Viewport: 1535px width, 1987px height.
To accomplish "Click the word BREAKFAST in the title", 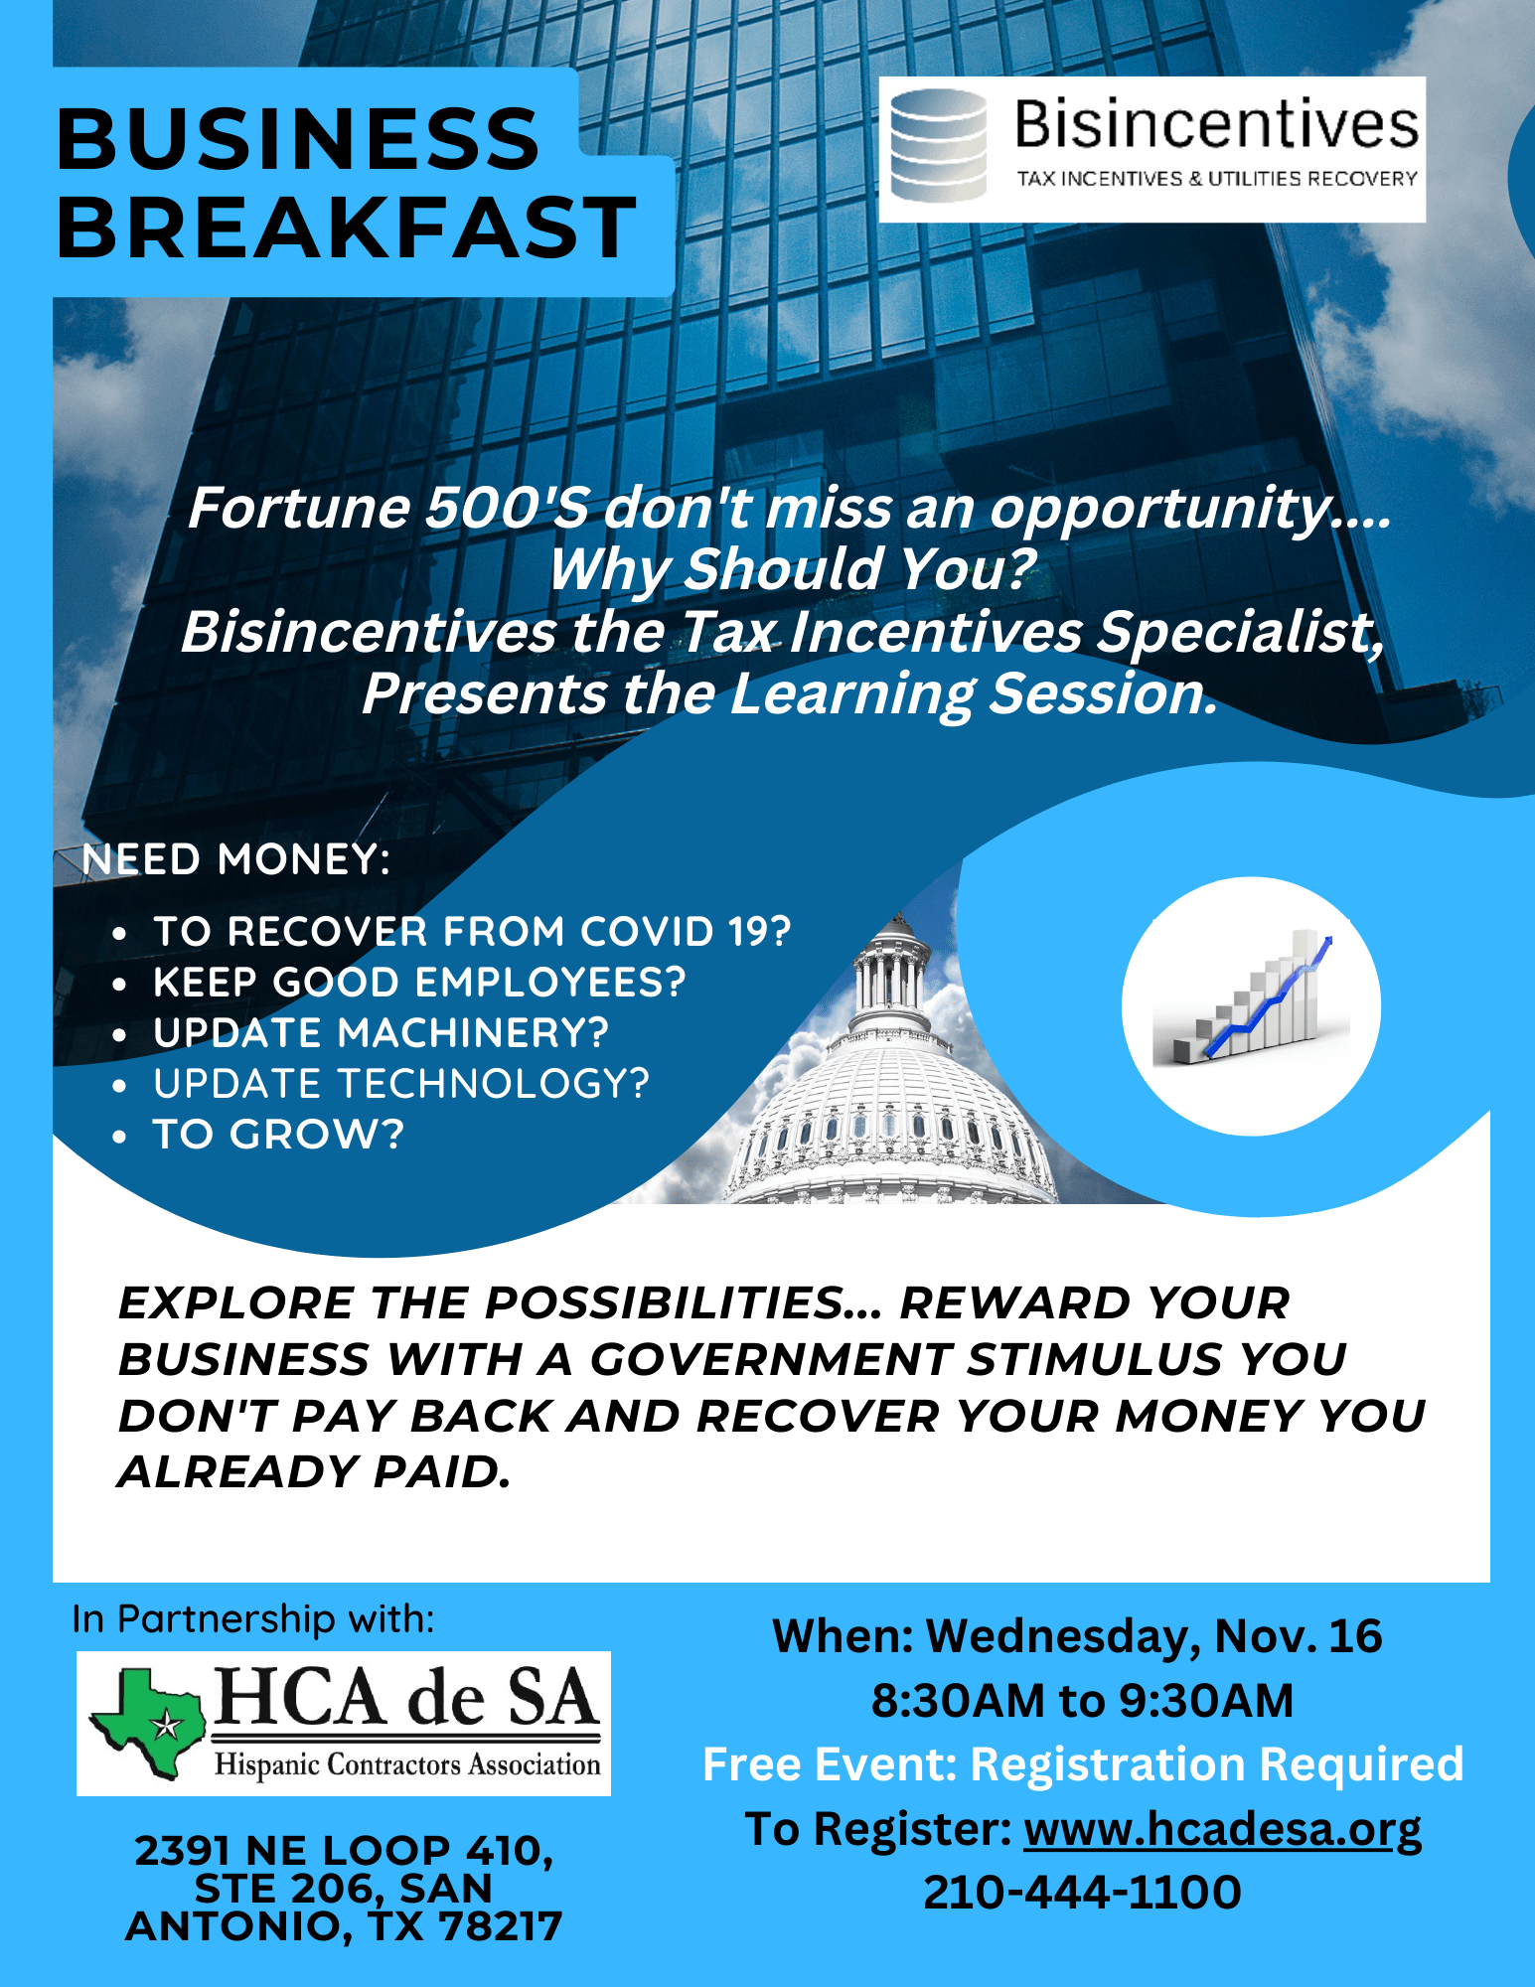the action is (x=346, y=228).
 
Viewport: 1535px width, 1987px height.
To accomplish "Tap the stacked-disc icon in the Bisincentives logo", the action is (x=938, y=145).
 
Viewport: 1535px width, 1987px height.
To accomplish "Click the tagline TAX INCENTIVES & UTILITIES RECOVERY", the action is (x=1216, y=179).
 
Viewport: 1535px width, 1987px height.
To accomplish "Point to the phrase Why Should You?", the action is (x=792, y=569).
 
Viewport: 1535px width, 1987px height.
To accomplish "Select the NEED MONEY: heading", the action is (x=236, y=859).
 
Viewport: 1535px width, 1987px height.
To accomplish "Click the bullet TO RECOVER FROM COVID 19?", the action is (x=472, y=932).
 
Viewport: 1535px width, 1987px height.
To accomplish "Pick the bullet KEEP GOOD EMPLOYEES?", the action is (x=419, y=983).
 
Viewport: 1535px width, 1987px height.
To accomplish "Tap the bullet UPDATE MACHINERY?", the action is (x=381, y=1033).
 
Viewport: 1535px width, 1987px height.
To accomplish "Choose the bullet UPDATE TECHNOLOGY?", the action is (x=401, y=1084).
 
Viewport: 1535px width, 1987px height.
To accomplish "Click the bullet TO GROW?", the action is (x=278, y=1135).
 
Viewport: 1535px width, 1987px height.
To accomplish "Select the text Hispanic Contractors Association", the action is (x=407, y=1765).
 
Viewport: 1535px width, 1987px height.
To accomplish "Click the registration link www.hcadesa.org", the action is (x=1223, y=1829).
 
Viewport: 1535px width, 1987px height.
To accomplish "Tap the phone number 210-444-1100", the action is (x=1082, y=1892).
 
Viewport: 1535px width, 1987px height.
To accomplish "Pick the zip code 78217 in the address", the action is (x=500, y=1926).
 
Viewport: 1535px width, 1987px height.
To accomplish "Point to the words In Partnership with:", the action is (x=253, y=1619).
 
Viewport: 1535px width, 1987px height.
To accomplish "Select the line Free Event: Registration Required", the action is (x=1083, y=1764).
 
